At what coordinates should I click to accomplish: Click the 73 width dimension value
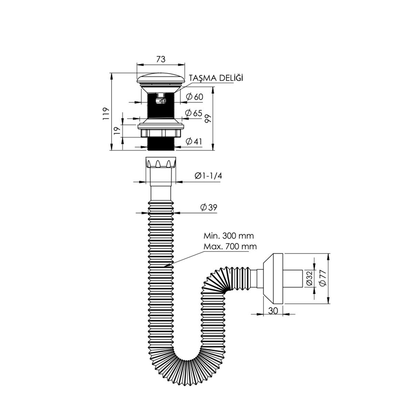161,59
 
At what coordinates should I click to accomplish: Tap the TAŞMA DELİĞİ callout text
216,78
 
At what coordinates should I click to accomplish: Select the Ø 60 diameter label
195,97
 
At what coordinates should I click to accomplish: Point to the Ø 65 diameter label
194,113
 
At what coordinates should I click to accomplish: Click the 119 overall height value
106,113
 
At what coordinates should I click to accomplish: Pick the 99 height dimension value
208,118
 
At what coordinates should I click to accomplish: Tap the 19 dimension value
117,130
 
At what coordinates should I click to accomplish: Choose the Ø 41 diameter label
194,141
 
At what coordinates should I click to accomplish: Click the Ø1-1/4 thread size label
208,176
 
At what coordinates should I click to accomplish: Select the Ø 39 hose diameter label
209,207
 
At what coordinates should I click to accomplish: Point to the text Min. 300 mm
229,236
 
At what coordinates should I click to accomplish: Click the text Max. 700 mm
230,246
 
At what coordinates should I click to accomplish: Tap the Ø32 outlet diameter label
309,278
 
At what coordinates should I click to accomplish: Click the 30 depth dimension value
273,311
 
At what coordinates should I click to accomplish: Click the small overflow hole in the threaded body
161,100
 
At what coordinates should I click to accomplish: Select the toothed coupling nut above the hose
161,162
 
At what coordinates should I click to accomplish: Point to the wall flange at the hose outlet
273,279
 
